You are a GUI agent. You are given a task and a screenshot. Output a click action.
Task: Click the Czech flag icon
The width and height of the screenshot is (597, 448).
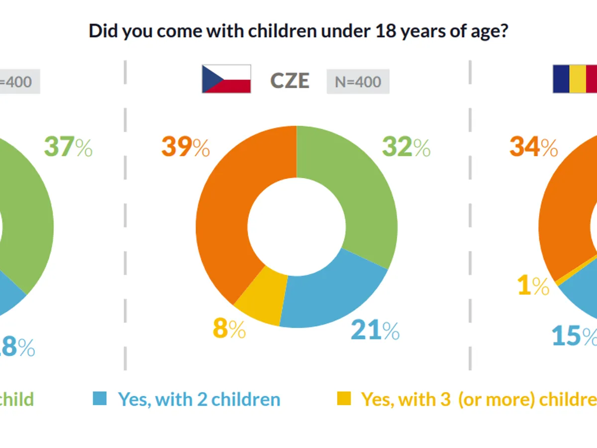(226, 79)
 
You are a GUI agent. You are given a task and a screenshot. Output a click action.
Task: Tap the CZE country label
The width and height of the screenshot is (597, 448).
(290, 81)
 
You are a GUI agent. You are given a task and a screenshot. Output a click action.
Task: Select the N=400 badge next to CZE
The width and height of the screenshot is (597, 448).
(358, 82)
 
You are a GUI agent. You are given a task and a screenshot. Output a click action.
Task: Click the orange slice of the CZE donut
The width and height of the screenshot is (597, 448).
(224, 219)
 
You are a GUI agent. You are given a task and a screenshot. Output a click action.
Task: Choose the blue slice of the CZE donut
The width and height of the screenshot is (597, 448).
(328, 294)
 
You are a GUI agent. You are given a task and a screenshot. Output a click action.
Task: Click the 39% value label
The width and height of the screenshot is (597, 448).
(185, 147)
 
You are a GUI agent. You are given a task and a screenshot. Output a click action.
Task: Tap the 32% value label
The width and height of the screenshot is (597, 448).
(406, 147)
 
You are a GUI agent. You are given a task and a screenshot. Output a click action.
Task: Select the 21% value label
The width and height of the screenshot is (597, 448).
(375, 331)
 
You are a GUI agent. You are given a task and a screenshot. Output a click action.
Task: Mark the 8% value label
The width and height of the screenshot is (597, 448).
(229, 330)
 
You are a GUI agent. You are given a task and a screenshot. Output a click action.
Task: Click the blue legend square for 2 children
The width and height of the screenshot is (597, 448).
(99, 398)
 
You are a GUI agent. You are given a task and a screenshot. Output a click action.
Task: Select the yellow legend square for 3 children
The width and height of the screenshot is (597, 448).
(343, 398)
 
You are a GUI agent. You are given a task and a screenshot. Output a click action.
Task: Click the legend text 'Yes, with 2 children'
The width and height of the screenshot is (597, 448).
(199, 399)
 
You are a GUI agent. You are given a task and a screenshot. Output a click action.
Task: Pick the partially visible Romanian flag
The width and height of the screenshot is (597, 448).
(575, 79)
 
